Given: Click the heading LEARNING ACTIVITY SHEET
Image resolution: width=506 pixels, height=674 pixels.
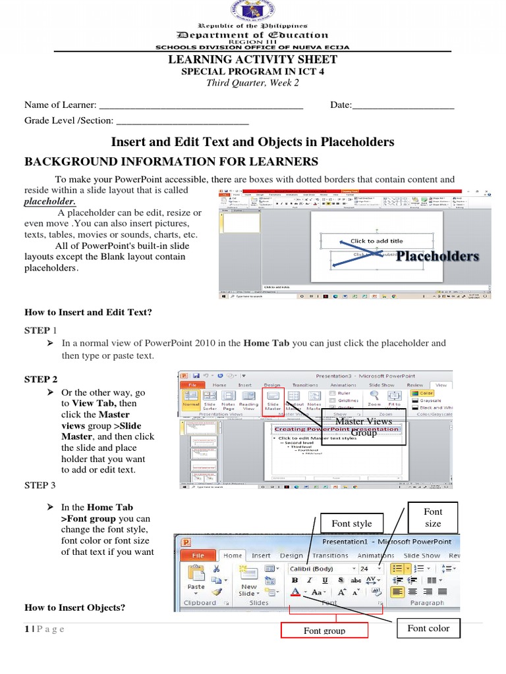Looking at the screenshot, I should (254, 60).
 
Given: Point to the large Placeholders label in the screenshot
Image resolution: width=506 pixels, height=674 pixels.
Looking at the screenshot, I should (437, 256).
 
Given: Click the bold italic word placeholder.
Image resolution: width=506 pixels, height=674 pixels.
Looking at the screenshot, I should (50, 201).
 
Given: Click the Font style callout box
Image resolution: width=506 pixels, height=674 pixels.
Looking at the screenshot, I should (352, 523).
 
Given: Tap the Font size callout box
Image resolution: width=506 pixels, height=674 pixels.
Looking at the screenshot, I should (433, 517).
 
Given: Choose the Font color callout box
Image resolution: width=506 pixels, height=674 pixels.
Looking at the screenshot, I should (428, 628).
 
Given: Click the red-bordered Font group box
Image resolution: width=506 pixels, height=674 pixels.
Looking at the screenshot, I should (324, 631).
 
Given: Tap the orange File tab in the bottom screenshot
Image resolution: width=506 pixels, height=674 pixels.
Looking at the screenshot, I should (198, 556).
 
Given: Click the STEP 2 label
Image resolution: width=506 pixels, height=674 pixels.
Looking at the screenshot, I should (41, 379).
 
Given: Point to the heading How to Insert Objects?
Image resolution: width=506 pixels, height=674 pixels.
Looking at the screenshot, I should (74, 608).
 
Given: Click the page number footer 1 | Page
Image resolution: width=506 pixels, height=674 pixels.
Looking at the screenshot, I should (44, 629).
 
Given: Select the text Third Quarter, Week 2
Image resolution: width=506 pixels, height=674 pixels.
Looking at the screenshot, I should (253, 82).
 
